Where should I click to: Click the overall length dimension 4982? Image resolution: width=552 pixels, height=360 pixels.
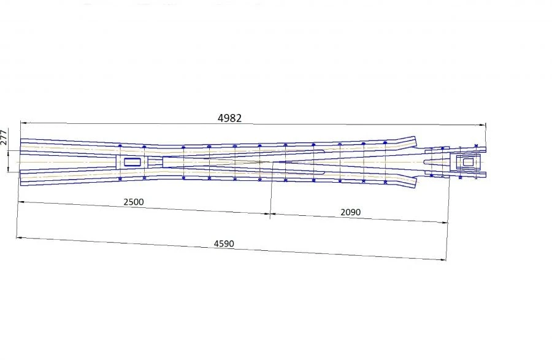[x=230, y=118]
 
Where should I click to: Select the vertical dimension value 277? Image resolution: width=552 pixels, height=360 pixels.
[x=4, y=137]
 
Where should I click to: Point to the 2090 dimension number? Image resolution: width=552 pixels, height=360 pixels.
[x=351, y=212]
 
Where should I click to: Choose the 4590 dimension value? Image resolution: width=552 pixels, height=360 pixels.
[x=224, y=243]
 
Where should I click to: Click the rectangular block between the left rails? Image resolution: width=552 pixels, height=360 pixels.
[x=132, y=162]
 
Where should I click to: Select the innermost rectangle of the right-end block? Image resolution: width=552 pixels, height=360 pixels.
[x=468, y=163]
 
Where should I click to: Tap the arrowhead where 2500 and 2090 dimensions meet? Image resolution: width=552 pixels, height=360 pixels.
[x=270, y=214]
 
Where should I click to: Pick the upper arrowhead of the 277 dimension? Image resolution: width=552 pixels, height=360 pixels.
[x=8, y=152]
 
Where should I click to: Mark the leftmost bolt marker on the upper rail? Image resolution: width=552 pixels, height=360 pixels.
[x=120, y=145]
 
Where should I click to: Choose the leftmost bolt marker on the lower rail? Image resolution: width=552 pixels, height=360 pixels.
[x=120, y=178]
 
